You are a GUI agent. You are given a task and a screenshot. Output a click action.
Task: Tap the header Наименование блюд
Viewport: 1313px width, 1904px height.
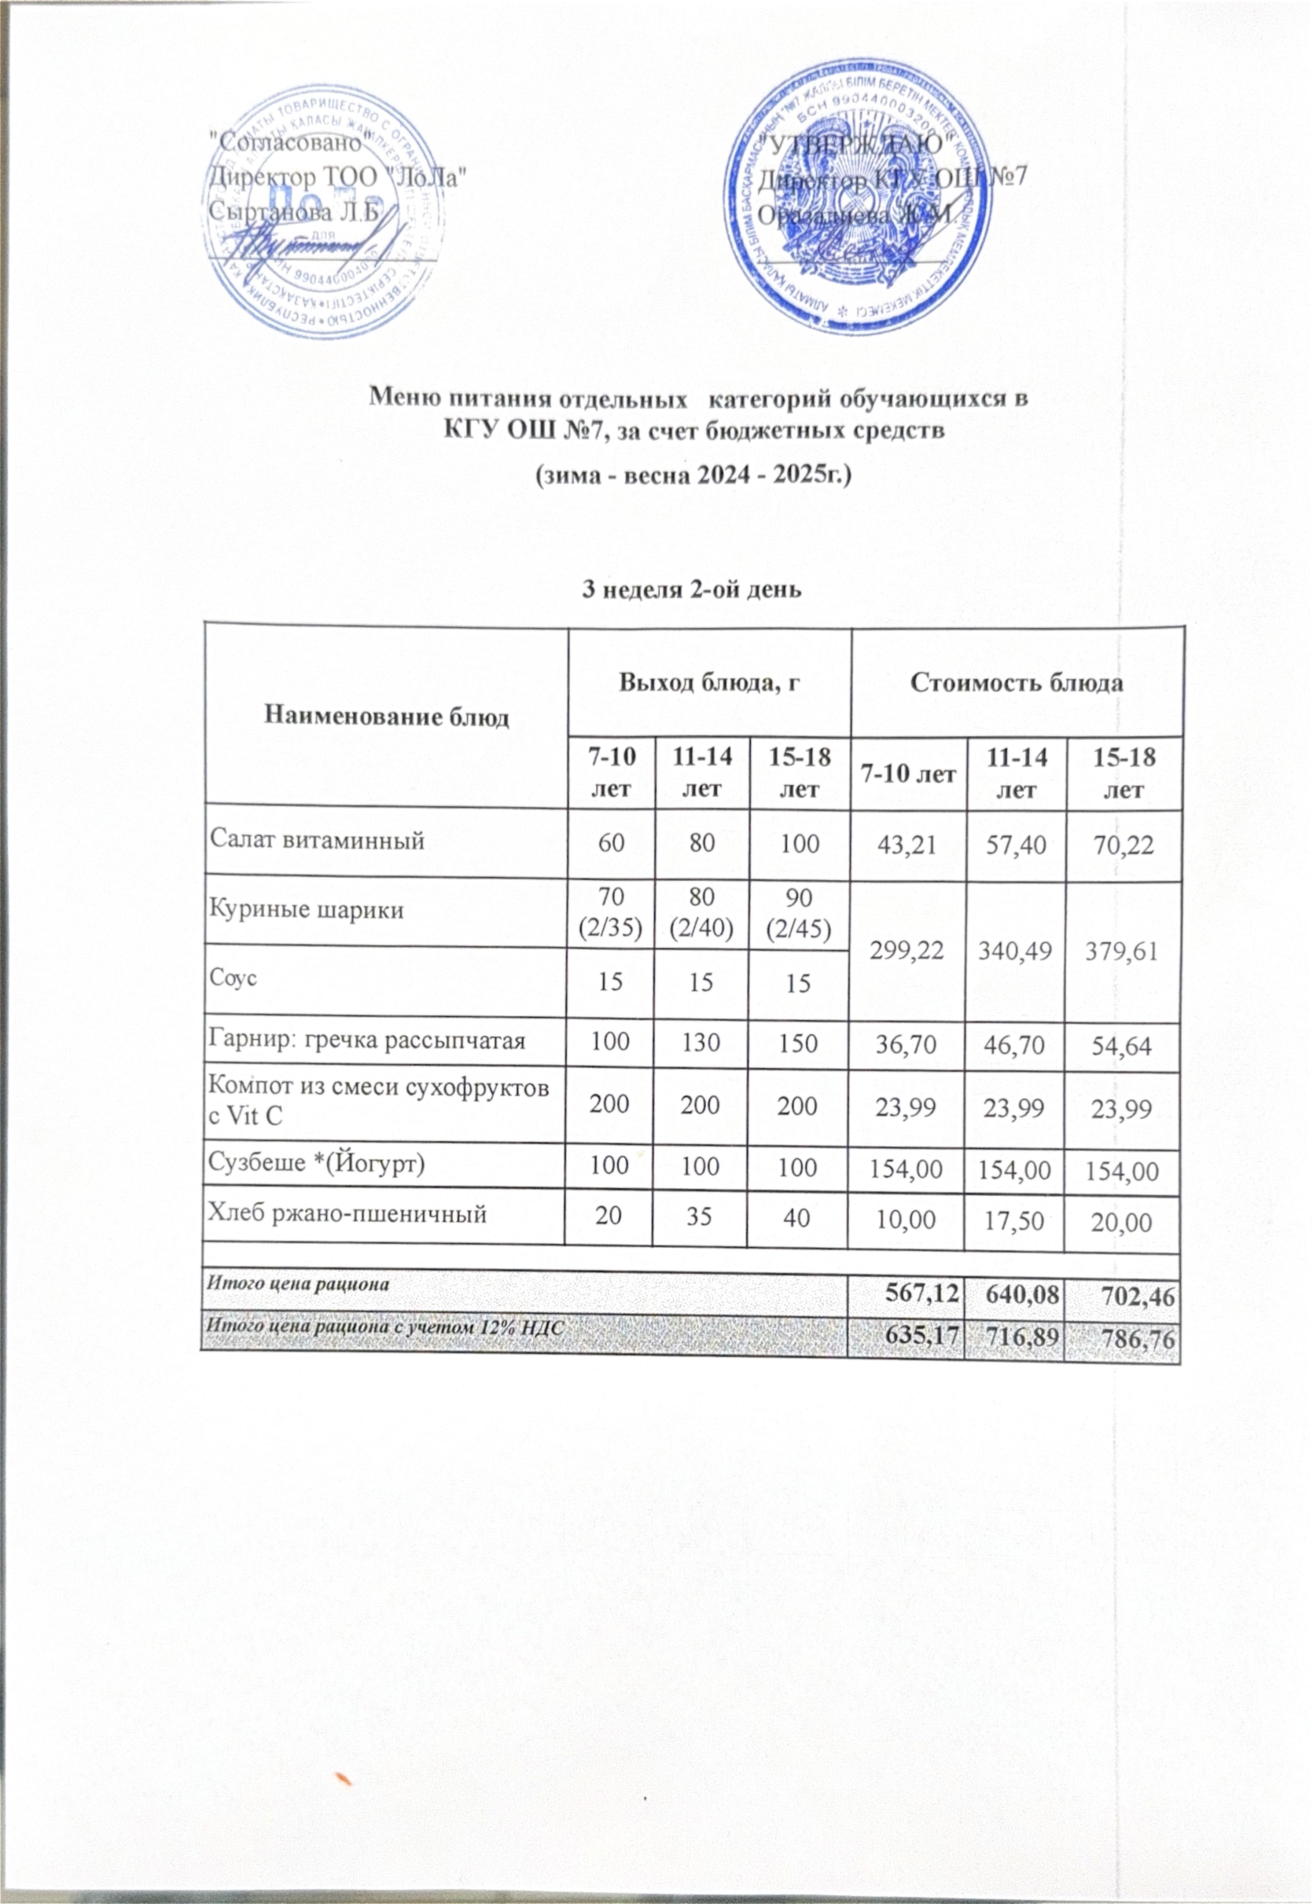pyautogui.click(x=386, y=717)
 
